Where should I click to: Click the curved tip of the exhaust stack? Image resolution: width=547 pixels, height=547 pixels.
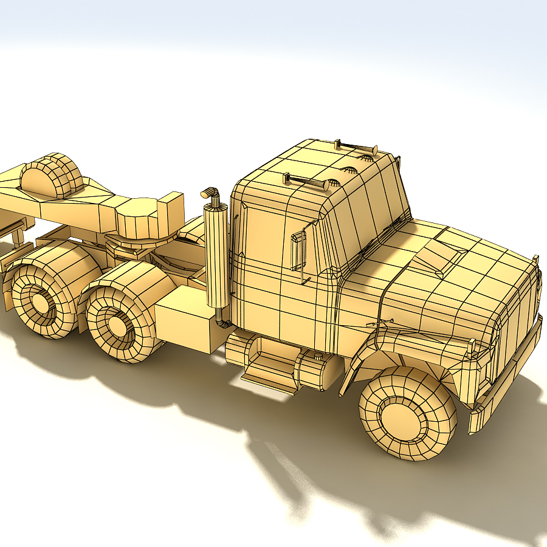coord(210,193)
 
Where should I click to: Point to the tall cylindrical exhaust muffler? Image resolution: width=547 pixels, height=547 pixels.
coord(216,255)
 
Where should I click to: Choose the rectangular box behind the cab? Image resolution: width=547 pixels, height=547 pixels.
coord(185,319)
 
